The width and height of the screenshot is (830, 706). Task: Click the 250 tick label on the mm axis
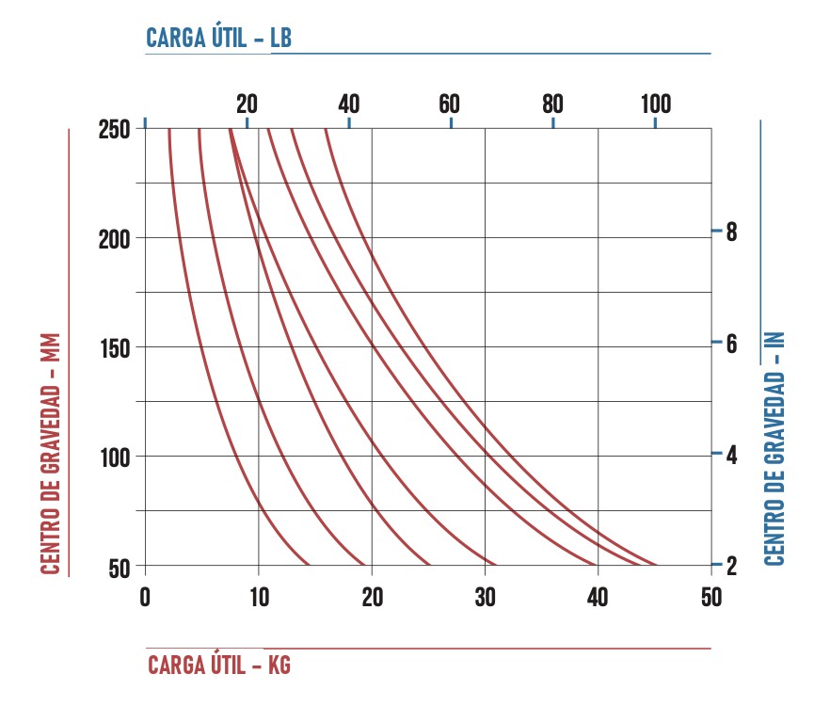[114, 129]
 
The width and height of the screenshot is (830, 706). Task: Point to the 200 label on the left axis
[114, 240]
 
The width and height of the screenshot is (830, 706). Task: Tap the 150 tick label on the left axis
[115, 349]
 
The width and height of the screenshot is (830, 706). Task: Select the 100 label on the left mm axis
[115, 458]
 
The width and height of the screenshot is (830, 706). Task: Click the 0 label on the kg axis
[145, 598]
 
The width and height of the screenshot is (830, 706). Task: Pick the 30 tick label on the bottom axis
[485, 598]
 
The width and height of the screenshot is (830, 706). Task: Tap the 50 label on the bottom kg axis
[711, 598]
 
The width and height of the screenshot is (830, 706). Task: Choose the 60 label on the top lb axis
[450, 104]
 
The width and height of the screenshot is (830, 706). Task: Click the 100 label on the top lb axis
[656, 104]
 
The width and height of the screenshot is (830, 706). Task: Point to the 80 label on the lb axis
[552, 104]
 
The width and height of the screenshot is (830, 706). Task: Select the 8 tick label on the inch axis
[731, 232]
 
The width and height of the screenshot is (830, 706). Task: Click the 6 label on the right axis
[731, 344]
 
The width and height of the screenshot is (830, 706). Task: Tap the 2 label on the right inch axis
[731, 566]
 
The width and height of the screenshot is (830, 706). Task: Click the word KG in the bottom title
[279, 666]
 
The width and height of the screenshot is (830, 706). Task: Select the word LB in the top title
[281, 39]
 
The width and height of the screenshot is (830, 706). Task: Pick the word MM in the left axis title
[50, 348]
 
